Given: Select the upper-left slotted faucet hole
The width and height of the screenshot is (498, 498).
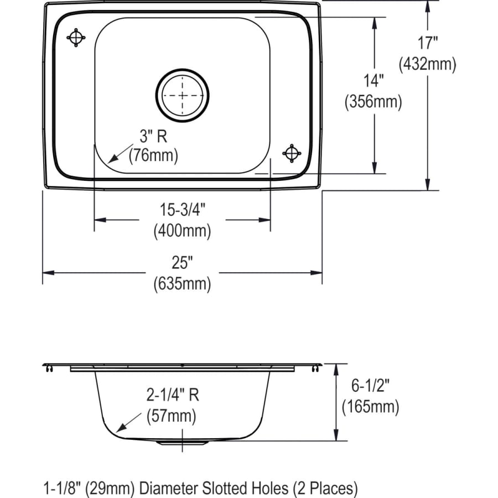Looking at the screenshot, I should (x=76, y=38).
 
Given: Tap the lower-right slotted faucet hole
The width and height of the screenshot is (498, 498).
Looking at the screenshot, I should (x=292, y=153).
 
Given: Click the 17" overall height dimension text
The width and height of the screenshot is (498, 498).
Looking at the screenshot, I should (x=427, y=43).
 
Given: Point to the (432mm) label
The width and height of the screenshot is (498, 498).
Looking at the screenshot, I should (x=427, y=64).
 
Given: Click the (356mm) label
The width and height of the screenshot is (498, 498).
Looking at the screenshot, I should (x=373, y=102).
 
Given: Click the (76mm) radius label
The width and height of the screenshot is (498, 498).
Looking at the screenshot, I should (x=153, y=157).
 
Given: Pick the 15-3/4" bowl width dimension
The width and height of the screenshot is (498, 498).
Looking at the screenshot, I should (x=183, y=210).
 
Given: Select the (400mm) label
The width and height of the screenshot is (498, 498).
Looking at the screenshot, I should (x=182, y=231).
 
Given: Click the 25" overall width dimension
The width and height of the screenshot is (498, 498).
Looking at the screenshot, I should (x=182, y=264).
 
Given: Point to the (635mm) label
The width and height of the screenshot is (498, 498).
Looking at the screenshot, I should (x=182, y=284).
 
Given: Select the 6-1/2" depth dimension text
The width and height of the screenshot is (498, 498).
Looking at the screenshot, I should (x=370, y=386).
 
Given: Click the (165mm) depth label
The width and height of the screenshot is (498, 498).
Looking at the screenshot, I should (x=370, y=407).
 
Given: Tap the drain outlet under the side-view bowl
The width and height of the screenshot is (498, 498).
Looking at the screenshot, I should (x=182, y=443).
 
